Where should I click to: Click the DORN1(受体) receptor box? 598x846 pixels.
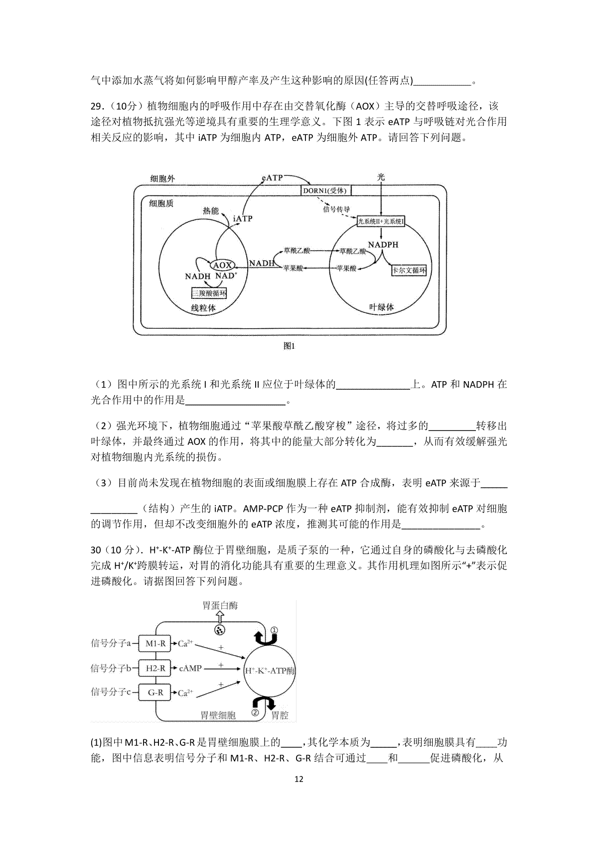tap(326, 190)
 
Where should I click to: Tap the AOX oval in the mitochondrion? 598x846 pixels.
tap(222, 265)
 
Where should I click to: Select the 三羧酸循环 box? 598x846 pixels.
tap(209, 293)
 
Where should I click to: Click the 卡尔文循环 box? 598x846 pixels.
tap(409, 270)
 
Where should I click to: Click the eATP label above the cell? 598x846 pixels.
tap(272, 177)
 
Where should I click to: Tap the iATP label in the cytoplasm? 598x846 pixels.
tap(243, 218)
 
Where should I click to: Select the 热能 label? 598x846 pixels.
tap(211, 211)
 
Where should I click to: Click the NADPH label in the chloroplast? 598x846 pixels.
tap(383, 245)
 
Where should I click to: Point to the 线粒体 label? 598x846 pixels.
tap(203, 308)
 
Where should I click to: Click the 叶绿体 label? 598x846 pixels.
tap(381, 307)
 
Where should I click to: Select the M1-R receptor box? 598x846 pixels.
tap(155, 643)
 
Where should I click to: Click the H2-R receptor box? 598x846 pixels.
tap(155, 668)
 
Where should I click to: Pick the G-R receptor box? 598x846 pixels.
tap(155, 693)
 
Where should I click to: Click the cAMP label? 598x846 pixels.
tap(190, 668)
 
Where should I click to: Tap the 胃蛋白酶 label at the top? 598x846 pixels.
tap(220, 605)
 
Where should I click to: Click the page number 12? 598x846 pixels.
tap(299, 794)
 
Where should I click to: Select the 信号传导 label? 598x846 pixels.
tap(336, 209)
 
